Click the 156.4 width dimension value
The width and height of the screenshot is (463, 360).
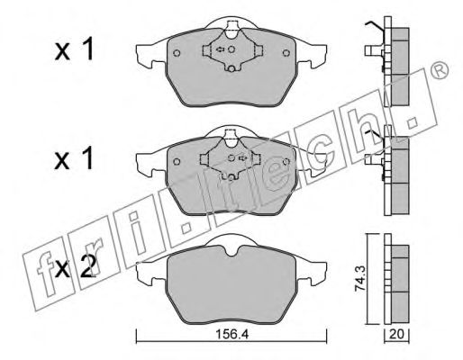pos(231,335)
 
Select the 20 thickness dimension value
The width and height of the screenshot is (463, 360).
pos(396,335)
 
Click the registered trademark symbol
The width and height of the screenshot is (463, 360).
pos(440,72)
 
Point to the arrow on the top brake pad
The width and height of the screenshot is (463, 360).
pos(220,49)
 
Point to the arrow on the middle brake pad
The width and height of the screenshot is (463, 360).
pos(242,157)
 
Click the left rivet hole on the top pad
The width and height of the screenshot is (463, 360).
pos(177,53)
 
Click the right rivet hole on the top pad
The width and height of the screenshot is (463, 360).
pos(286,53)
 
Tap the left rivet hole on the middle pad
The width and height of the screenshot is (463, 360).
pos(177,162)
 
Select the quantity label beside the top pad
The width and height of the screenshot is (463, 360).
pos(74,50)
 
